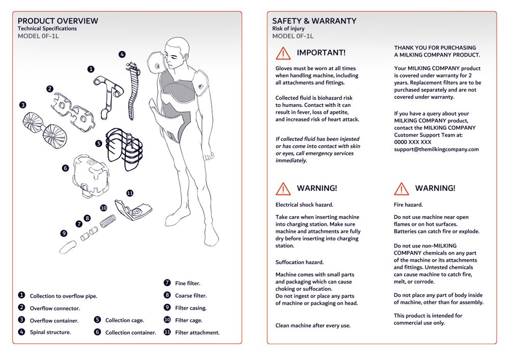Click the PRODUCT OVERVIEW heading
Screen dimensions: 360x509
pos(58,21)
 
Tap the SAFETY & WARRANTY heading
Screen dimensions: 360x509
pos(314,21)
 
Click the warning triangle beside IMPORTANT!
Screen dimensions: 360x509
pos(283,53)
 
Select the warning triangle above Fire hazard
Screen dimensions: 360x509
pos(402,188)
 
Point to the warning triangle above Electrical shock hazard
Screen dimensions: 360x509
pos(283,188)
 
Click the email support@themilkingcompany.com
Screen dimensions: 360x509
pos(436,149)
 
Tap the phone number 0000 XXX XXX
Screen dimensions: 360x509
pos(412,142)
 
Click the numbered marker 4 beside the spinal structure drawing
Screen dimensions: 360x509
pos(122,54)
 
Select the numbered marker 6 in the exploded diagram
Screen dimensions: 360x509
pos(65,168)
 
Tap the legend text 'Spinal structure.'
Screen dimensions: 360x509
pos(50,332)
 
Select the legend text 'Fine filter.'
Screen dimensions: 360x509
pos(188,283)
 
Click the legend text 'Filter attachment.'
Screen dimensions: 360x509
pos(197,333)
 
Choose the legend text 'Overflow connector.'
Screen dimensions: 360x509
pos(54,308)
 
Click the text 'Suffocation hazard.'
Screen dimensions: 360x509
pos(299,262)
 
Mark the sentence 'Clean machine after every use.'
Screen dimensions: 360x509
pos(313,325)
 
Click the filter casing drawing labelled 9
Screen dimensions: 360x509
pos(67,248)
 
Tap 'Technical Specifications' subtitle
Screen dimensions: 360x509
pos(47,29)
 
